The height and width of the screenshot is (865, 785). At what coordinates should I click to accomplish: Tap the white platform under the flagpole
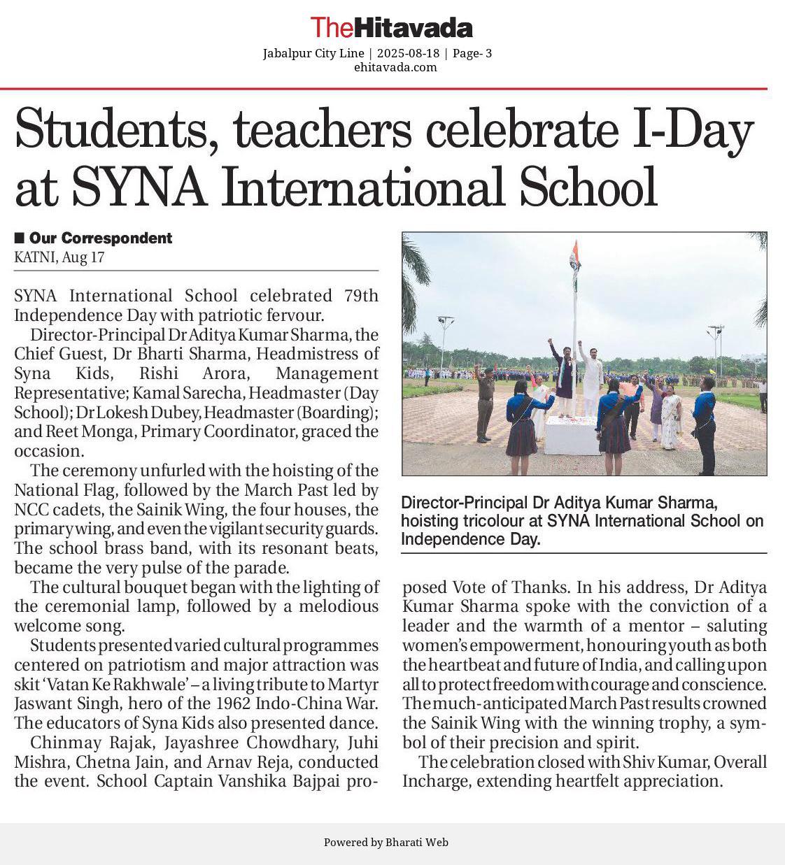tap(572, 435)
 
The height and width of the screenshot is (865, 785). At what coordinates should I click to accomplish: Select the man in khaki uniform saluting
tap(484, 402)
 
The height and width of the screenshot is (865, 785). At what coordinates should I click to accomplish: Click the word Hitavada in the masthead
tap(413, 28)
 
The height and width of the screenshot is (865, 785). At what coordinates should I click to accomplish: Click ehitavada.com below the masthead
tap(395, 67)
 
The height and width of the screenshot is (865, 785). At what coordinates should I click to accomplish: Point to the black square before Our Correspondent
tap(19, 238)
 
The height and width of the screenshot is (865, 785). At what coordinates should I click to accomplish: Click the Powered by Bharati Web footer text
tap(386, 843)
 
